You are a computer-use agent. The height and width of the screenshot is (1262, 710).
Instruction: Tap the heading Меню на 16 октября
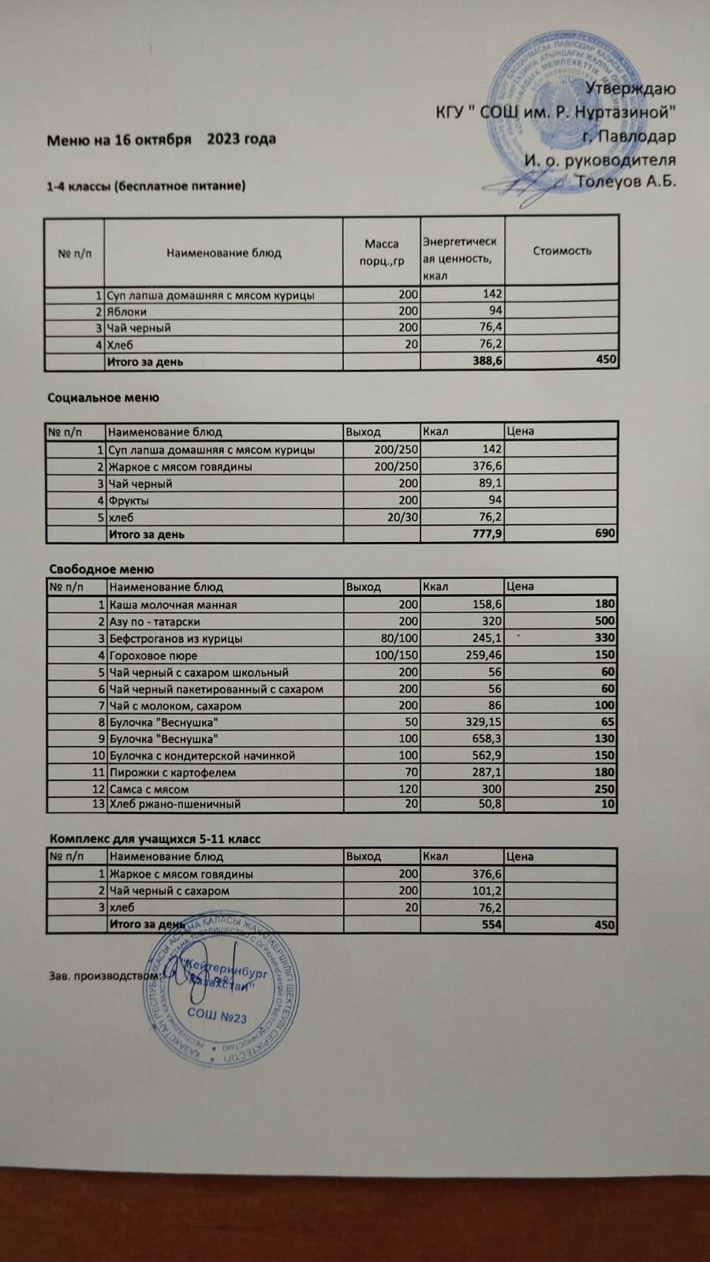coord(119,140)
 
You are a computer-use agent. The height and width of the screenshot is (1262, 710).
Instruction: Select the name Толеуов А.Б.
coord(626,181)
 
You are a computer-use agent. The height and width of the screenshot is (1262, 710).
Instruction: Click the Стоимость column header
coord(562,251)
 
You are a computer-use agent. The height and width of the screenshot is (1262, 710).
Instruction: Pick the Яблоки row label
coord(127,312)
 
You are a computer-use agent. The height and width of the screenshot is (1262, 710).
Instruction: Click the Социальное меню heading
coord(103,398)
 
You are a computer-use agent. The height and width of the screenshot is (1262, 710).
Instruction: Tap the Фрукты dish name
coord(129,500)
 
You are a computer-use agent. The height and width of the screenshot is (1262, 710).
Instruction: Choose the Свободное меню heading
coord(101,569)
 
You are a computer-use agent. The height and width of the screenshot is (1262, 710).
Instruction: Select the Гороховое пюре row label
coord(153,655)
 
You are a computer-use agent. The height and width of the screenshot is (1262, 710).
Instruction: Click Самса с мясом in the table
coord(149,789)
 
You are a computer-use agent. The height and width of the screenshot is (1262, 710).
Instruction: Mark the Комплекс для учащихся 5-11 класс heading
coord(155,838)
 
